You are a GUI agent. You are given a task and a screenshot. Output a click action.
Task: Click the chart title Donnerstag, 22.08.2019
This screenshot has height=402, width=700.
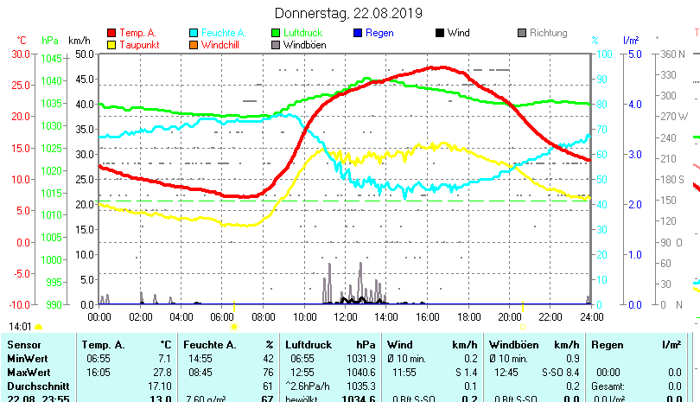[348, 13]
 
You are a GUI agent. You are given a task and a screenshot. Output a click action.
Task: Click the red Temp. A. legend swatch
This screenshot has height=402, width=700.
[111, 33]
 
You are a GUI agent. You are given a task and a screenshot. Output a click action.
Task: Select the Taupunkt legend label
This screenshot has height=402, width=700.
[138, 44]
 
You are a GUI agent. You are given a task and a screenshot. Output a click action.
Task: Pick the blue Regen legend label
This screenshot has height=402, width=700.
[379, 33]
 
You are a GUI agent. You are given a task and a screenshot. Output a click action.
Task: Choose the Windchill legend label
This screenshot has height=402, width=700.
[223, 44]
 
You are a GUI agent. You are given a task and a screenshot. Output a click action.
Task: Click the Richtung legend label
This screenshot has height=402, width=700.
[548, 33]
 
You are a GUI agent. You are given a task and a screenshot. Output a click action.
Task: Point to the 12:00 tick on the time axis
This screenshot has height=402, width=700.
[346, 316]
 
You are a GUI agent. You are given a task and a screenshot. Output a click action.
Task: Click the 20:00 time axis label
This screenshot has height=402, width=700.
[510, 316]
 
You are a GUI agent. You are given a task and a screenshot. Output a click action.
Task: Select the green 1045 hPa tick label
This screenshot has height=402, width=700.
[51, 59]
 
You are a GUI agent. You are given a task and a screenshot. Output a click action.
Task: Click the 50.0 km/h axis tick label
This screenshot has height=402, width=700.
[85, 54]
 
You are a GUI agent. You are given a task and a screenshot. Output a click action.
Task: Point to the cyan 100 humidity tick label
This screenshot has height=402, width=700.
[606, 54]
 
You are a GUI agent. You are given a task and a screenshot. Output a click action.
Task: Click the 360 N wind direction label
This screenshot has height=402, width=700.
[671, 54]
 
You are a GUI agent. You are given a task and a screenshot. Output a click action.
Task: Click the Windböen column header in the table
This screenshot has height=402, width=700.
[513, 345]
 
